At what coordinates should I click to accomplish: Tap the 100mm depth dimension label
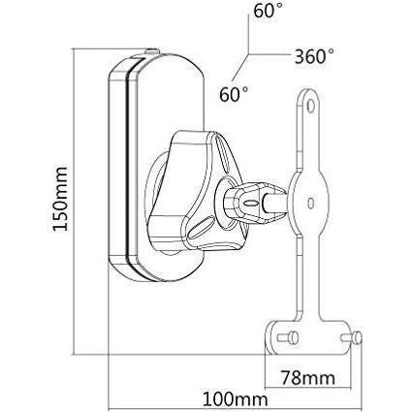225,397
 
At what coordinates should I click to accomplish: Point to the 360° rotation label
322,56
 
